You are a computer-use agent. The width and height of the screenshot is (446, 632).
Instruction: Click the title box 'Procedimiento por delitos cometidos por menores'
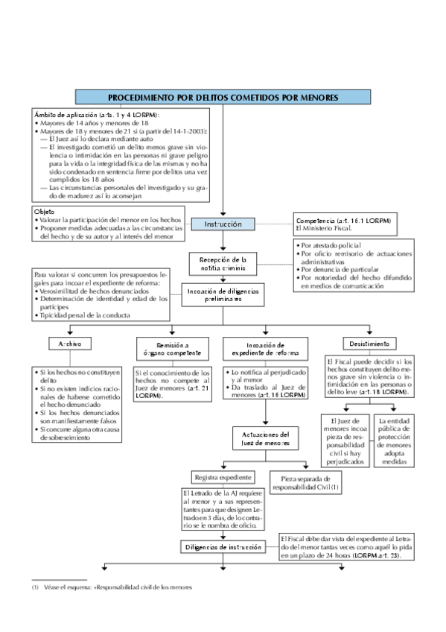point(223,97)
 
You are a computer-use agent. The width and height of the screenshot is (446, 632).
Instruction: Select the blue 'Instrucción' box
point(223,224)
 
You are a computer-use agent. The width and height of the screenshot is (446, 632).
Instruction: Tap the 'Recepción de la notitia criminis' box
point(223,262)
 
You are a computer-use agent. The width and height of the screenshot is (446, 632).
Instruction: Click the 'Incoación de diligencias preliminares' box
point(223,294)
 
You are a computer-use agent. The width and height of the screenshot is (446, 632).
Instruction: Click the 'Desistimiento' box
point(370,344)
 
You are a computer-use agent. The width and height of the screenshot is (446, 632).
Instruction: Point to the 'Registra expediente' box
point(223,477)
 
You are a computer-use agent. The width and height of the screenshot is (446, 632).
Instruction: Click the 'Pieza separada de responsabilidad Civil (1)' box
point(305,481)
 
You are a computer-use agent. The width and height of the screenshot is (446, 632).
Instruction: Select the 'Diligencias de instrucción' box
point(223,547)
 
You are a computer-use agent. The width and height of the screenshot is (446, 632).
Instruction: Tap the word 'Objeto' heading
point(45,212)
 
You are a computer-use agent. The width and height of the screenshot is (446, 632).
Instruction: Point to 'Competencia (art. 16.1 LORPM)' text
point(343,221)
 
